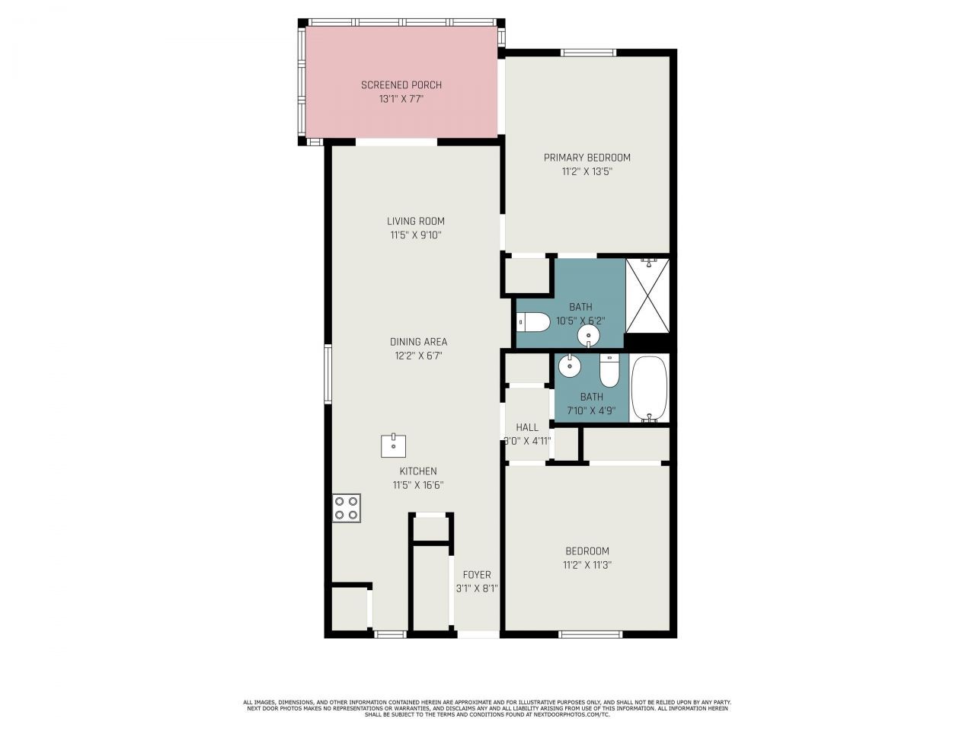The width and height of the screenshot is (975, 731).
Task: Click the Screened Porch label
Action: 401,85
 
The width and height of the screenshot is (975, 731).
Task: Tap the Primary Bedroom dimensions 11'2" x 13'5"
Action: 587,172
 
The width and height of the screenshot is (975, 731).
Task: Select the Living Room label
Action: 415,222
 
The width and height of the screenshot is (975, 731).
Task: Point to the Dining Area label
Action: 418,342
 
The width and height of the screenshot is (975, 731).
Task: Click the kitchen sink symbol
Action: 393,445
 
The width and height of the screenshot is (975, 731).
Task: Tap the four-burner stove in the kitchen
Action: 346,508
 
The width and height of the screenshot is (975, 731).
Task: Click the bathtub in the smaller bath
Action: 649,388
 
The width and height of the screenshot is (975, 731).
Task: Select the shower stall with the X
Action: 647,295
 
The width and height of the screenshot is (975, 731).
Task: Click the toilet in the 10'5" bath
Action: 533,323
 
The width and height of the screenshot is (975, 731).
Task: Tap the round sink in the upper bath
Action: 589,335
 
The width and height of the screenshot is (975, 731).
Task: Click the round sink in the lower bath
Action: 568,367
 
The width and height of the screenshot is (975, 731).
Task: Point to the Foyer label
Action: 477,575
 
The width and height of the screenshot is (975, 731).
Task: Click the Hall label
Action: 526,427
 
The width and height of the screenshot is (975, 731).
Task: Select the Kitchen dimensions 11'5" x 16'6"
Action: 417,485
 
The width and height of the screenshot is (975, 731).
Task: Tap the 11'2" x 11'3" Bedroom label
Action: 587,551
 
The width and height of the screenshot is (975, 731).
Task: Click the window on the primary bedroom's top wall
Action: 588,53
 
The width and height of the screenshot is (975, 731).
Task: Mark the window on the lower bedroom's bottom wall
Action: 590,634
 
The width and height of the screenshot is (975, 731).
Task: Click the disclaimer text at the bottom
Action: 487,708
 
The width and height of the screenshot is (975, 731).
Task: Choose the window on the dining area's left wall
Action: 328,373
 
